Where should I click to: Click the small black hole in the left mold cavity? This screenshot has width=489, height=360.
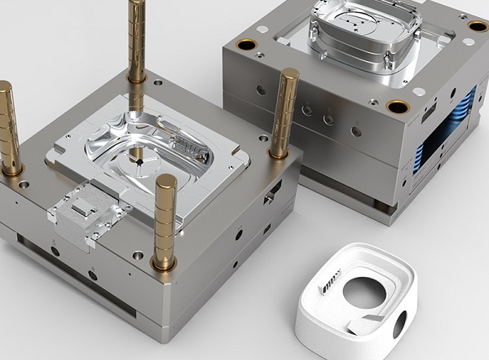[139, 162]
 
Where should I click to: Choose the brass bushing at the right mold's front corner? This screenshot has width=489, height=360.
[398, 107]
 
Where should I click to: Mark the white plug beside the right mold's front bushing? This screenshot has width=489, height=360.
[418, 92]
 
